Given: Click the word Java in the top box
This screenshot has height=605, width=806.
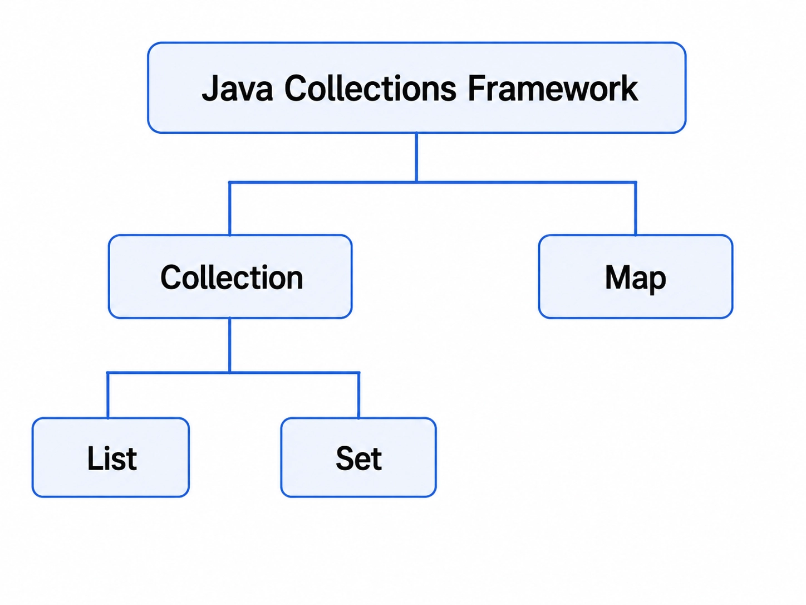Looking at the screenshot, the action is [238, 88].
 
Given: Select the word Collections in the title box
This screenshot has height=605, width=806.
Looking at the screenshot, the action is [370, 88].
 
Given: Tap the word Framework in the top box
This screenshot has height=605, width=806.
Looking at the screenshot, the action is [553, 88].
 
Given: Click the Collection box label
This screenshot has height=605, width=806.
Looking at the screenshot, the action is [232, 277].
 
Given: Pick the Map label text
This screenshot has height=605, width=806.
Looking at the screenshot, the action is [635, 279].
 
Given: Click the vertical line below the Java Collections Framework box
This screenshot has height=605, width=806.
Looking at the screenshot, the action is [416, 157].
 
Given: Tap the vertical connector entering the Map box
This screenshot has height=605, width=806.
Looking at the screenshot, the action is [635, 208].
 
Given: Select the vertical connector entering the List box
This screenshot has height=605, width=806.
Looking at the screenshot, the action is [107, 395].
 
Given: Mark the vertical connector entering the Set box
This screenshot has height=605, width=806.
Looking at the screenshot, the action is [359, 395].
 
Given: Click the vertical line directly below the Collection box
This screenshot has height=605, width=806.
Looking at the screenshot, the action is [229, 345].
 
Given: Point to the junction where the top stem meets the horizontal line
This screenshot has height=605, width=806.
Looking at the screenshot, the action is [416, 182].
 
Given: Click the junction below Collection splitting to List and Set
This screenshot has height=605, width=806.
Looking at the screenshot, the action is [229, 373].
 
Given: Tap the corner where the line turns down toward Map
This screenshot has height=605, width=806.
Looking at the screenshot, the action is [635, 182].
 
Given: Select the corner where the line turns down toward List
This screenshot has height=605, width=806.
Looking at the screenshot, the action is [107, 373].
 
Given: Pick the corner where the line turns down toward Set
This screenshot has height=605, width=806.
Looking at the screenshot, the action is [359, 373].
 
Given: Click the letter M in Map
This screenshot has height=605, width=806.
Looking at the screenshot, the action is [617, 277].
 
